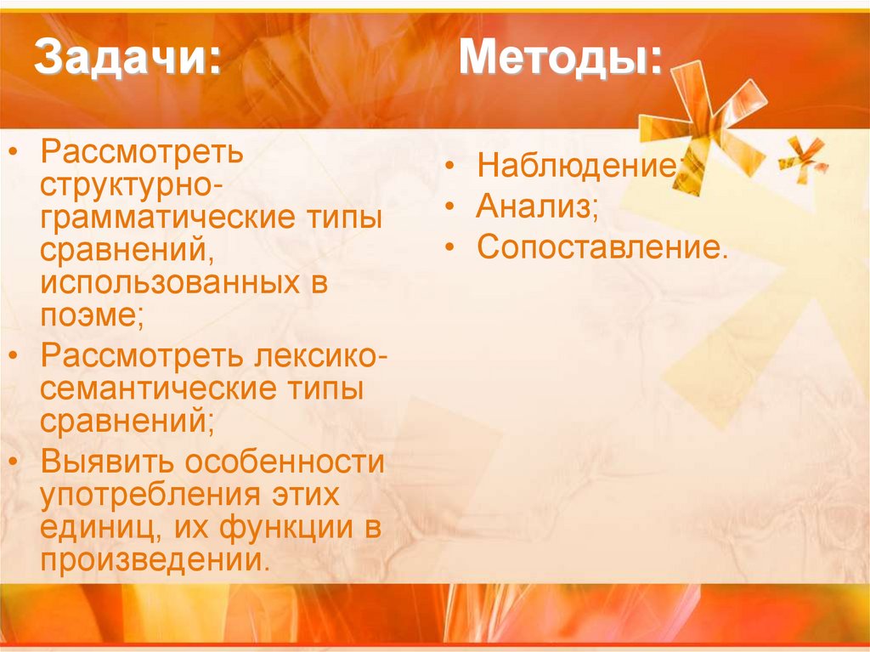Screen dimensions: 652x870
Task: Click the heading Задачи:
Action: click(127, 61)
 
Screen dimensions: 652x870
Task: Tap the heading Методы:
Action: click(560, 61)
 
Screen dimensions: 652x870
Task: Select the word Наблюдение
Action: click(578, 165)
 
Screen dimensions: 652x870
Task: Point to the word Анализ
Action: click(534, 206)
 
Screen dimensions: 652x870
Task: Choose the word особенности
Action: click(285, 462)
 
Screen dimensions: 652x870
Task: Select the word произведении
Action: click(153, 559)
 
